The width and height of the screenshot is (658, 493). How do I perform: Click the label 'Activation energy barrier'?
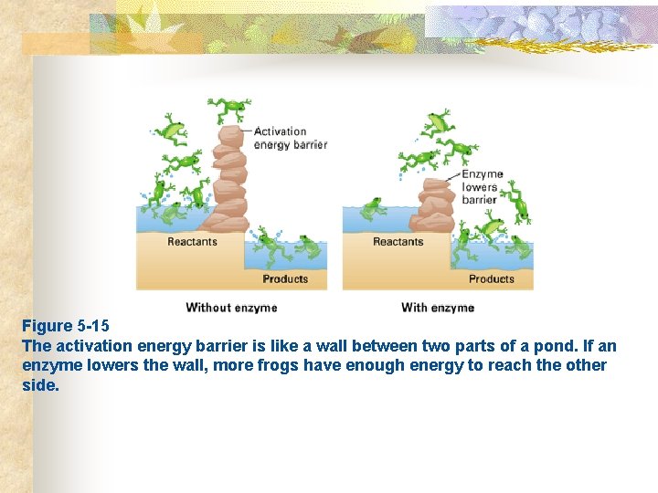(290, 138)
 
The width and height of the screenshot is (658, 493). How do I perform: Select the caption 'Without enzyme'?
(231, 308)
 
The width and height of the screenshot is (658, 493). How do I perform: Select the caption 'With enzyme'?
(438, 308)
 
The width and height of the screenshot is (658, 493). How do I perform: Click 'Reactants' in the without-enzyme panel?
(193, 242)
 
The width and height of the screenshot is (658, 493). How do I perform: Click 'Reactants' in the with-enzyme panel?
(398, 242)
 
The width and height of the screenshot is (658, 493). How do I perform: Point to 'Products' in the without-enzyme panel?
(285, 278)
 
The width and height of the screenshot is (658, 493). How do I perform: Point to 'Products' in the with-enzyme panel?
(492, 278)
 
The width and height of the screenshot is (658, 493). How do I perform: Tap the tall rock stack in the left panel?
(228, 178)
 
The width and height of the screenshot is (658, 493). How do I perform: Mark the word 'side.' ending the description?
(40, 385)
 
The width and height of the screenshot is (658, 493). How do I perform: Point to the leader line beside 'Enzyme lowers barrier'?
(453, 176)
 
